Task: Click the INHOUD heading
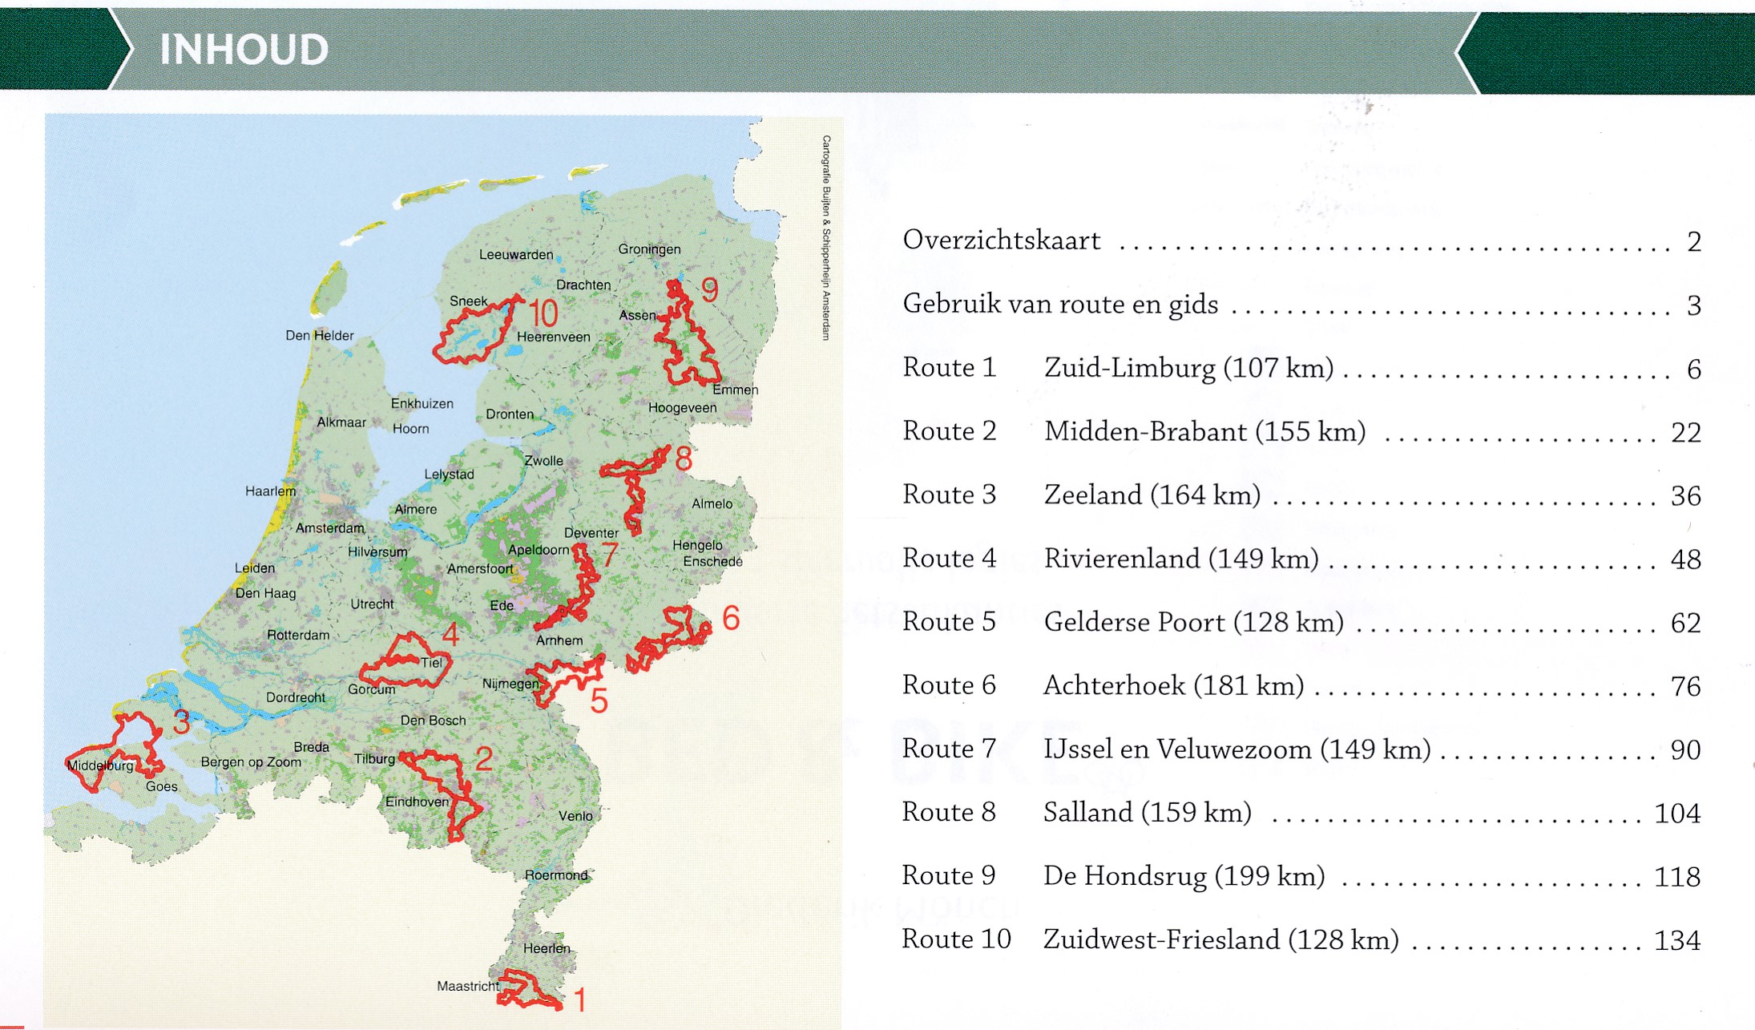pyautogui.click(x=244, y=50)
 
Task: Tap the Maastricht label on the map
pyautogui.click(x=467, y=986)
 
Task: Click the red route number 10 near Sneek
pyautogui.click(x=543, y=313)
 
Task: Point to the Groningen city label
pyautogui.click(x=649, y=249)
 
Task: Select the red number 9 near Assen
pyautogui.click(x=709, y=290)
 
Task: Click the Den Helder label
pyautogui.click(x=319, y=336)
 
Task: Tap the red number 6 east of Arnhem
pyautogui.click(x=730, y=618)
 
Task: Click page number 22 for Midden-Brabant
pyautogui.click(x=1685, y=433)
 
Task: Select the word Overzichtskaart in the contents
pyautogui.click(x=1001, y=240)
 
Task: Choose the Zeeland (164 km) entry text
pyautogui.click(x=1152, y=495)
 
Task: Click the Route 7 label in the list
pyautogui.click(x=948, y=749)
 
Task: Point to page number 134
pyautogui.click(x=1676, y=940)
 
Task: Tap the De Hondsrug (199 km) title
pyautogui.click(x=1184, y=876)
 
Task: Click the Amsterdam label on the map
pyautogui.click(x=329, y=528)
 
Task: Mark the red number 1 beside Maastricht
pyautogui.click(x=579, y=1000)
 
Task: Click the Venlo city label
pyautogui.click(x=575, y=816)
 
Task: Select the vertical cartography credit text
pyautogui.click(x=826, y=237)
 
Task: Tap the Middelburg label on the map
pyautogui.click(x=100, y=765)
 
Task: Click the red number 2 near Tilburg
pyautogui.click(x=483, y=758)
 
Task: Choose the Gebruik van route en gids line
pyautogui.click(x=1059, y=305)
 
